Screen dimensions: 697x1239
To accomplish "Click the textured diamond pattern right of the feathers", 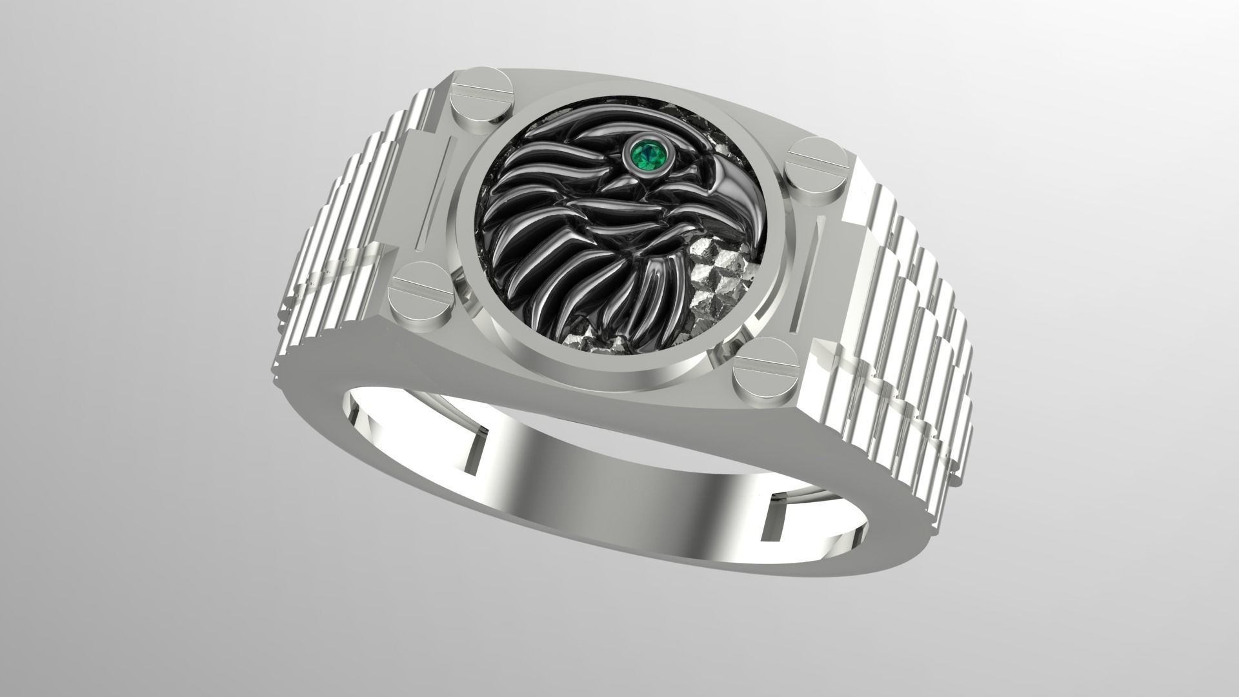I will pos(720,271).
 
